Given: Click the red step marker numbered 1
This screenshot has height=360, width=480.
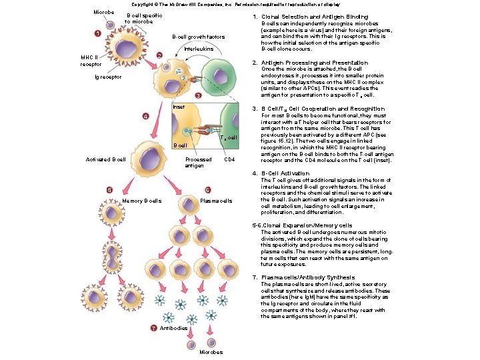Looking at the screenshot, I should click(97, 33).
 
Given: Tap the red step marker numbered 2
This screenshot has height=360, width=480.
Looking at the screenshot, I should click(159, 55).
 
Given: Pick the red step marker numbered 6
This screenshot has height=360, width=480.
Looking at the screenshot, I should click(207, 190).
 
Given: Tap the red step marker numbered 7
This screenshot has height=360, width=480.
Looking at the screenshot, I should click(153, 328).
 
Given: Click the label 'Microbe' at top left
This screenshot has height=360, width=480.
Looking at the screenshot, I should click(103, 13).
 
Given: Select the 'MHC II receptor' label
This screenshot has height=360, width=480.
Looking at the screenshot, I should click(91, 61).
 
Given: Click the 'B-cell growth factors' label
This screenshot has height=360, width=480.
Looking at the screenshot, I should click(198, 37).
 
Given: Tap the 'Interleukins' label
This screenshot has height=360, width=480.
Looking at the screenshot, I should click(198, 50).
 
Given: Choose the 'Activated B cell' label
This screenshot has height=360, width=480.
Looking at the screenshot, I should click(106, 159).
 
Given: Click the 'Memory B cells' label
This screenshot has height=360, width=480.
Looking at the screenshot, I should click(142, 201).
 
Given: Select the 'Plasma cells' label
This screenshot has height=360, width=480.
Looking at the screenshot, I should click(216, 201).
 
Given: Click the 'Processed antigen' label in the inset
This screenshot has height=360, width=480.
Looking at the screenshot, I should click(198, 162).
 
